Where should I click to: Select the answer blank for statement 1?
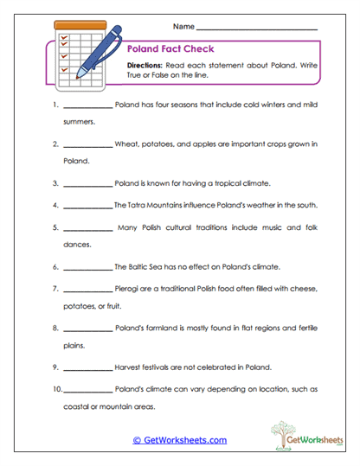tap(87, 108)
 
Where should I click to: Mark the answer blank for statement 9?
tap(87, 367)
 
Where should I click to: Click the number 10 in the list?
tap(55, 388)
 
